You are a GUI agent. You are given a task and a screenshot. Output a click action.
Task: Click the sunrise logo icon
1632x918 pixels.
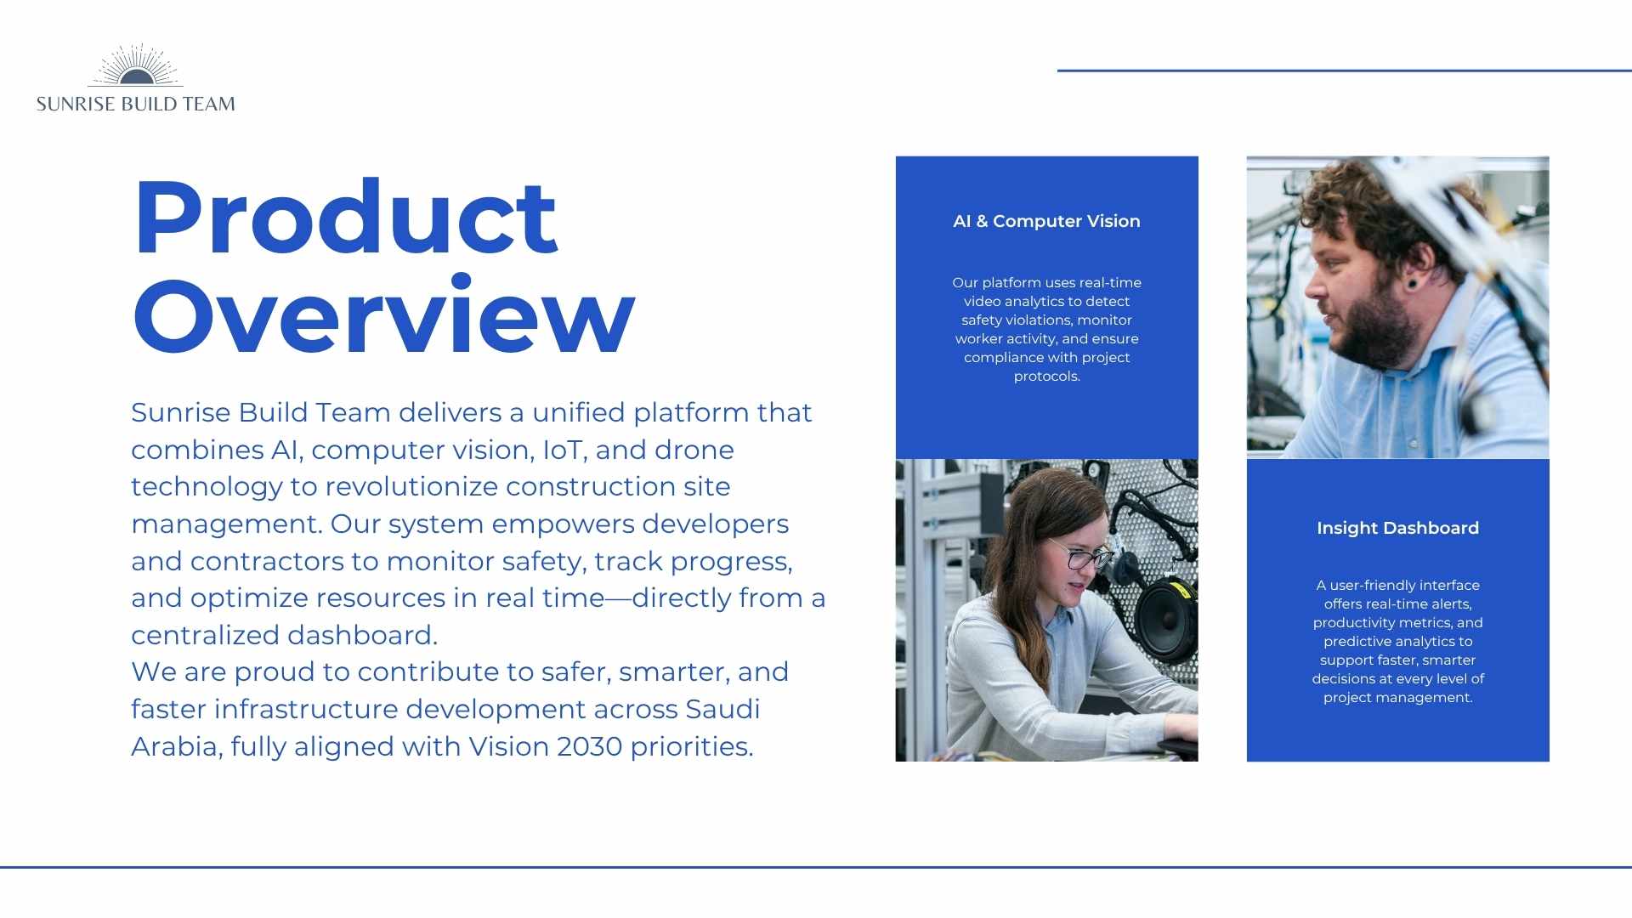[135, 65]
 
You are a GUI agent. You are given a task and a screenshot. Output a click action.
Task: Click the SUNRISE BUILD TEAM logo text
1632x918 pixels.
[136, 104]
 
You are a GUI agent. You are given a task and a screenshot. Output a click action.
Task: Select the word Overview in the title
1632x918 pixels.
[384, 315]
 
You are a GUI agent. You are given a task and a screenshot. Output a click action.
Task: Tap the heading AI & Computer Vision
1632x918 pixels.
[1046, 221]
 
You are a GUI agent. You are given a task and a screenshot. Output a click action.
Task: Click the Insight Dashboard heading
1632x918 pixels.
[1397, 528]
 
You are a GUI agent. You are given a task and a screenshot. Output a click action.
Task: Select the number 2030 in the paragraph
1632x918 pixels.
[589, 746]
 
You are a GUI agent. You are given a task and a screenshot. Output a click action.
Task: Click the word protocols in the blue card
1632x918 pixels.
[1046, 377]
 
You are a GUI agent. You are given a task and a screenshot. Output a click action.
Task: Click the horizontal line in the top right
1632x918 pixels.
[1345, 71]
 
